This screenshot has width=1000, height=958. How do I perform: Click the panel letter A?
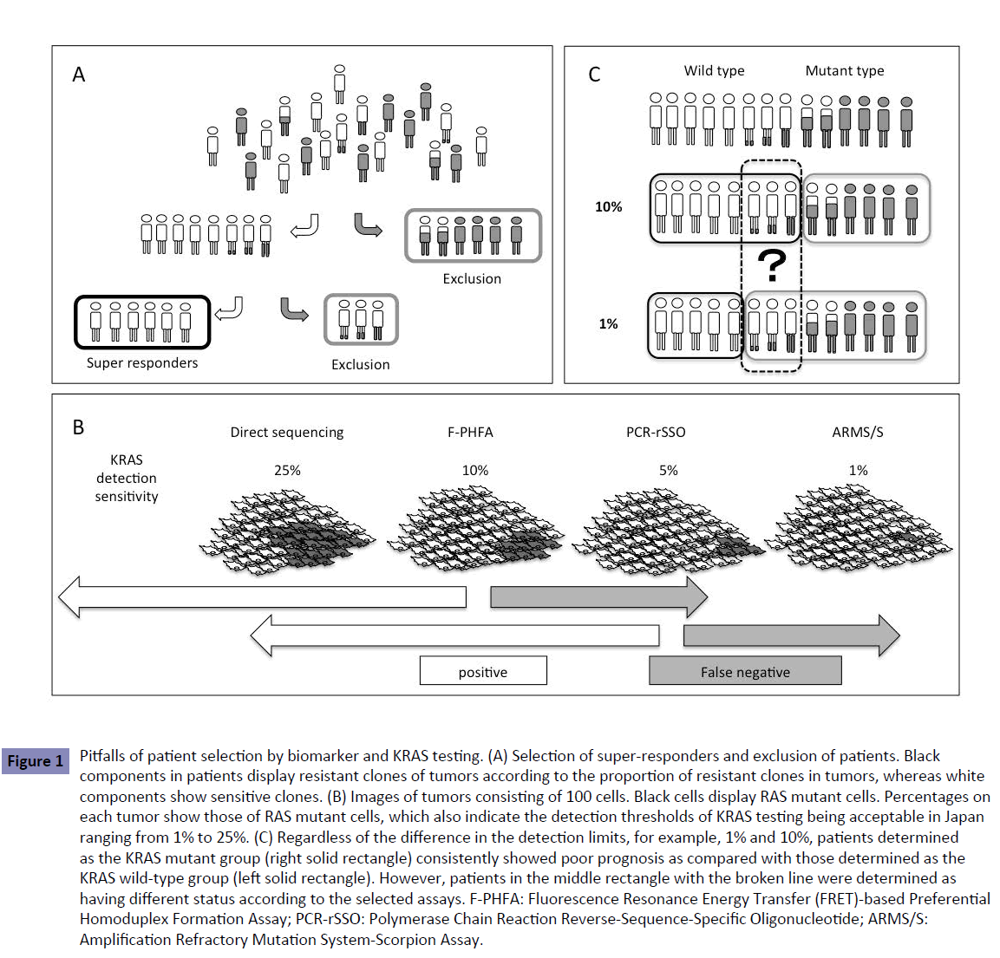[x=79, y=75]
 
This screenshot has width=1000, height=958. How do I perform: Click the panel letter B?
[x=78, y=427]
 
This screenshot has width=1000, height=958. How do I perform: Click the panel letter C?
[x=594, y=75]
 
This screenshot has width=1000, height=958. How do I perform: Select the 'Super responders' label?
[x=142, y=363]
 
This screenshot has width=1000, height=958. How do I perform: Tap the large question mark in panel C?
[x=771, y=266]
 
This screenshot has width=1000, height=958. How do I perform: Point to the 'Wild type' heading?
[x=714, y=71]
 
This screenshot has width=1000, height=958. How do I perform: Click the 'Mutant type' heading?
[x=845, y=71]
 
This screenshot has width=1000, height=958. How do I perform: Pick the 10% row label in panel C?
[x=608, y=207]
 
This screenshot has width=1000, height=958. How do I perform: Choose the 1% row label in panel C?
[x=608, y=324]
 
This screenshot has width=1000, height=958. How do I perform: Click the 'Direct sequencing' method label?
[x=287, y=433]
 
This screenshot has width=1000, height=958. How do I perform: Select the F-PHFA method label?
[x=470, y=433]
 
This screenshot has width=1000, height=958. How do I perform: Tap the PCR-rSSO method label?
[x=656, y=433]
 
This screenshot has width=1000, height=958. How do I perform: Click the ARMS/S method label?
[x=858, y=433]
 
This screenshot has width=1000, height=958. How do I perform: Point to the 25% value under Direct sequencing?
[x=287, y=471]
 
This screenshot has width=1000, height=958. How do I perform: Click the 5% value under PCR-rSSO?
[x=668, y=471]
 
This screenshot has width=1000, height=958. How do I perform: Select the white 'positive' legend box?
[x=483, y=671]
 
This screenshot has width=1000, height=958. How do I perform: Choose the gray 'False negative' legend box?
[x=745, y=671]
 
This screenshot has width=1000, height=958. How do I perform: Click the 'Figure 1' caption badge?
[x=36, y=761]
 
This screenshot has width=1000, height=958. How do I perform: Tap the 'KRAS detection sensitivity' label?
[x=127, y=478]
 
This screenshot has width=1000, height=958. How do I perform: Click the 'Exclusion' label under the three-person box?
[x=361, y=365]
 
